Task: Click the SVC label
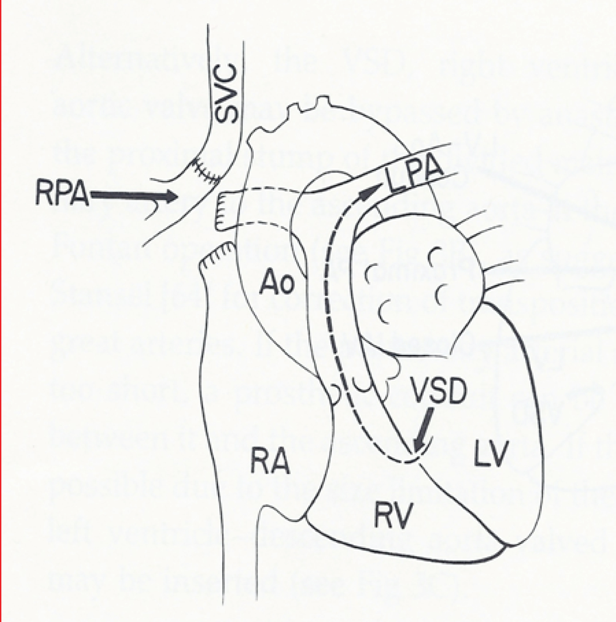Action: tap(226, 93)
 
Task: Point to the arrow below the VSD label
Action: tap(423, 429)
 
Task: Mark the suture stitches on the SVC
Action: tap(205, 173)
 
